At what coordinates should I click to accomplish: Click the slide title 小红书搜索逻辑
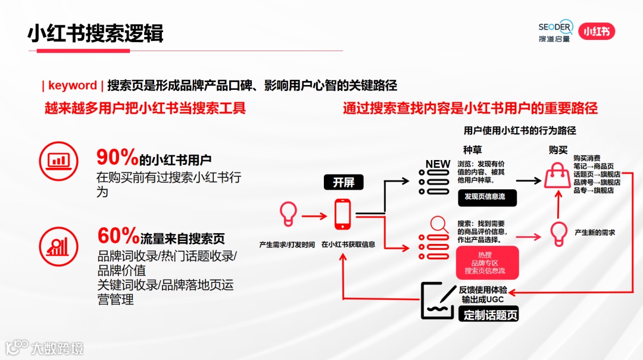pos(95,33)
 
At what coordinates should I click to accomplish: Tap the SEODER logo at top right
pos(555,31)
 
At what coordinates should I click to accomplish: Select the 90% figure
pos(117,158)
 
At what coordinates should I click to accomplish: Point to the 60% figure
pos(118,236)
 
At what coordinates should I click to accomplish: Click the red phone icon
pos(342,214)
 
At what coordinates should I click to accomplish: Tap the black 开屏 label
pos(344,183)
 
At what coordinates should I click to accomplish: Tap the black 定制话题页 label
pos(491,315)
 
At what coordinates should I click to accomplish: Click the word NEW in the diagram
pos(438,164)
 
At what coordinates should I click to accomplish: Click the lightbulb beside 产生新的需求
pos(558,233)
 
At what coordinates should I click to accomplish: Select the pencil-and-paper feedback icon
pos(438,299)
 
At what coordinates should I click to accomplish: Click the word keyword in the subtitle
pos(72,85)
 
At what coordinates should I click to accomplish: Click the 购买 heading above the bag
pos(558,149)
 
